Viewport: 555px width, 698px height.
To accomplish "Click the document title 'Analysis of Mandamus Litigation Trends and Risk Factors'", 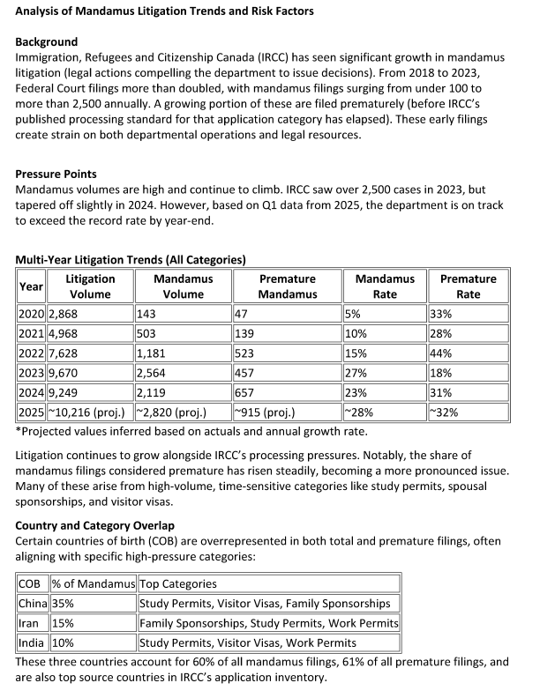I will pos(164,11).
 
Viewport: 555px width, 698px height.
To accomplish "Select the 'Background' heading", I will pos(47,41).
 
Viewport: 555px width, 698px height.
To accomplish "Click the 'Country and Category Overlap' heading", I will pos(95,526).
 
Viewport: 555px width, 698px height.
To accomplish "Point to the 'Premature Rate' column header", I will pos(468,286).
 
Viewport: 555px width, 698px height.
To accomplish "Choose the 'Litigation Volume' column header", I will pos(90,286).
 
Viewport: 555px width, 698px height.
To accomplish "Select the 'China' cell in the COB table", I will pos(33,604).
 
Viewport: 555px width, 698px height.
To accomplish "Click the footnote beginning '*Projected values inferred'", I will pos(191,431).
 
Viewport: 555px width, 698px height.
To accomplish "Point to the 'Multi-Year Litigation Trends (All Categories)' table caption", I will pos(131,260).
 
